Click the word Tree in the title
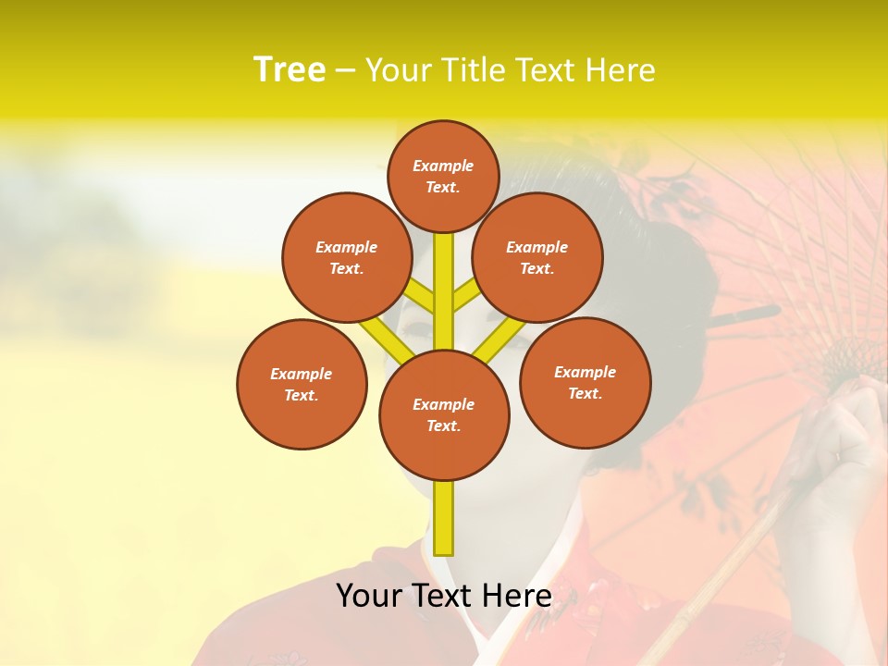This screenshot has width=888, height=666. (x=290, y=70)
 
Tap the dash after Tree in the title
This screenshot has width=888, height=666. (x=345, y=71)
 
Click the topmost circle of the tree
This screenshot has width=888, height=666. (x=443, y=176)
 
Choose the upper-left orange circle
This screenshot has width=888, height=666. (x=347, y=257)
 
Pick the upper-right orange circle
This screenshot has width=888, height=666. (x=537, y=257)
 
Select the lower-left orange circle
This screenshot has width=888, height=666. (x=302, y=384)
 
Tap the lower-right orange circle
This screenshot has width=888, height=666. (x=585, y=382)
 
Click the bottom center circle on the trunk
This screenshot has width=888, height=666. (x=444, y=414)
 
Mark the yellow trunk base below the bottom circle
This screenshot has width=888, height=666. (x=444, y=518)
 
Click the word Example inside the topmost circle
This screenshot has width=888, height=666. (x=443, y=166)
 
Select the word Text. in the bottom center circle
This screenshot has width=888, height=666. (x=443, y=426)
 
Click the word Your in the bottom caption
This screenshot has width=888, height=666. (x=368, y=596)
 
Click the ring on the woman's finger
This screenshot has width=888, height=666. (x=838, y=456)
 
